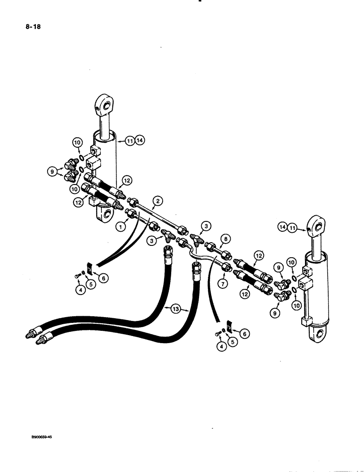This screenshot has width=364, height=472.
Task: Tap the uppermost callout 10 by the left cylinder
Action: pyautogui.click(x=77, y=141)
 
